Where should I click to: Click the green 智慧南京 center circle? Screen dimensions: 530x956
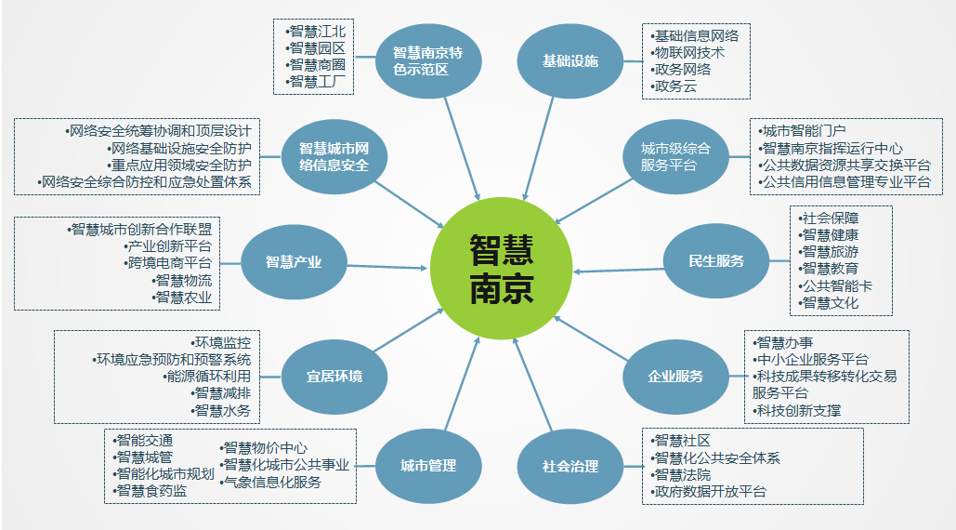pos(502,267)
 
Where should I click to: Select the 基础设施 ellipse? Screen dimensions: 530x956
pos(570,61)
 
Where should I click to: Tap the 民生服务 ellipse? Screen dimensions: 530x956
pos(716,261)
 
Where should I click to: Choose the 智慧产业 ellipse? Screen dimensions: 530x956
pos(294,262)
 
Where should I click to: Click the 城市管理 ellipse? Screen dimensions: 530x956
pos(428,466)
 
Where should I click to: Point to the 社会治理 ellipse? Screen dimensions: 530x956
pos(570,466)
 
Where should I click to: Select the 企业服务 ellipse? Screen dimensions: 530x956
pos(675,377)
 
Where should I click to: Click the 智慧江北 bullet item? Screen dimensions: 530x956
pos(317,32)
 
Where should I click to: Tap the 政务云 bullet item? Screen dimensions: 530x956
pos(676,86)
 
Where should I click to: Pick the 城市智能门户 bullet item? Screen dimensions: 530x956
pos(805,131)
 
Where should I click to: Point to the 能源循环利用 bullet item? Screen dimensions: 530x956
pos(206,377)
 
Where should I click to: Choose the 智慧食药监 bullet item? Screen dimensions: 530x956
pos(151,490)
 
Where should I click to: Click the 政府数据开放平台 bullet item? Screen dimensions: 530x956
pos(710,491)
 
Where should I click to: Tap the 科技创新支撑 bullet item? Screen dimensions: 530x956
pos(798,410)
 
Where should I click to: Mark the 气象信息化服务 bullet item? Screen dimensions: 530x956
pos(272,482)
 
